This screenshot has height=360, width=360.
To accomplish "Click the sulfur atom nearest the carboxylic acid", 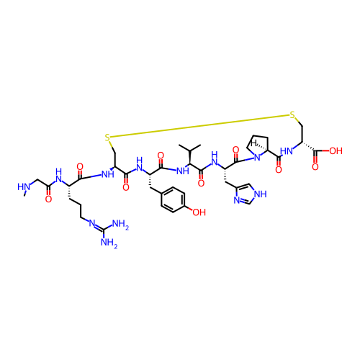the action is [292, 115].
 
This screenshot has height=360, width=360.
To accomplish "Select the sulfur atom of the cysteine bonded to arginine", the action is [107, 138].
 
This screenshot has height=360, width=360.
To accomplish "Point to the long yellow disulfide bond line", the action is [199, 127].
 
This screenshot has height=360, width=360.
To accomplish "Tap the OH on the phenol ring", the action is [199, 212].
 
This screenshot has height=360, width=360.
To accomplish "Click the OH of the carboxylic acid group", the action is [336, 151].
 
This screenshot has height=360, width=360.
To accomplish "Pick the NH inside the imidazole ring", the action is [261, 194].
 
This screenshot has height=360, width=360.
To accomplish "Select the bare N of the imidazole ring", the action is [237, 200].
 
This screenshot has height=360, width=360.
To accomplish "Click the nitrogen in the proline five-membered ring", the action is [257, 158].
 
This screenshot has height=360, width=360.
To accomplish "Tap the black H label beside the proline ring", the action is [254, 143].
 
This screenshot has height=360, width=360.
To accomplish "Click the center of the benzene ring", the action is [173, 199].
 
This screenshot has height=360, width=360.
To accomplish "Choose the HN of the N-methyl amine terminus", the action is [24, 186].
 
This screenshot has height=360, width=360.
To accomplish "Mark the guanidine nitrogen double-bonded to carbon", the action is [91, 223].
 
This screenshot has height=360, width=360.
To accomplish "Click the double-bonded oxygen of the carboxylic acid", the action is [315, 166].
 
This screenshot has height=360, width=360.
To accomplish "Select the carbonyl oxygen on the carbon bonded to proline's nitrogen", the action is [236, 150].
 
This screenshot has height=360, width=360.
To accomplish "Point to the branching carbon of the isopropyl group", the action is [190, 150].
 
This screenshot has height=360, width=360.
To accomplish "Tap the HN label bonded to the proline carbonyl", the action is [287, 151].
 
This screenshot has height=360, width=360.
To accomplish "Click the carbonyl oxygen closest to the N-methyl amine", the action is [48, 199].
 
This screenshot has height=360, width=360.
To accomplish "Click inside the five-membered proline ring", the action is [257, 147].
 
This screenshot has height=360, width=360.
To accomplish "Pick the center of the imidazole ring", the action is [247, 194].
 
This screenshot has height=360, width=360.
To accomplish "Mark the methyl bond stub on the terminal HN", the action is [24, 193].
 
